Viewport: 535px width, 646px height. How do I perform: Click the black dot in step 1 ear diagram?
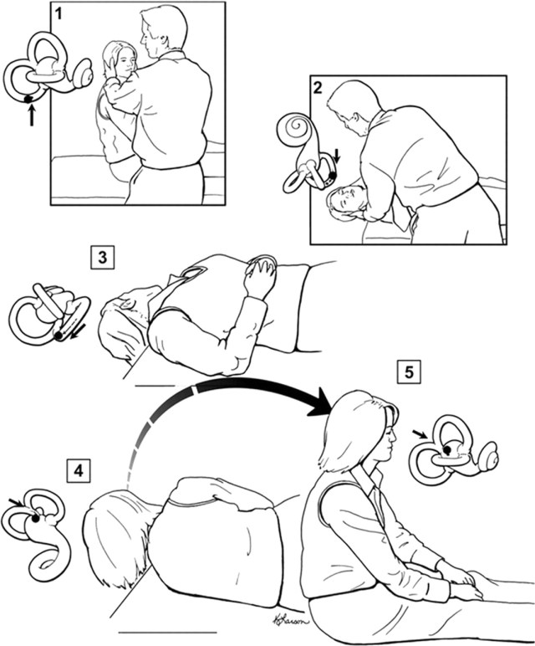point(29,99)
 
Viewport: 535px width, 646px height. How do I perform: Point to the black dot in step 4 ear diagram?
point(36,519)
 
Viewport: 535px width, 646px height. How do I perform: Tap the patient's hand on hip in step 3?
point(262,275)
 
